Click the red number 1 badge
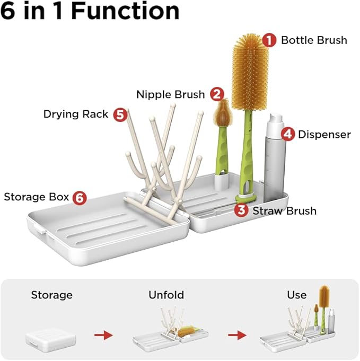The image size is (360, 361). click(270, 40)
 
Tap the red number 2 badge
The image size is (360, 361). click(216, 94)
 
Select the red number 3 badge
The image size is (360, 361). click(241, 210)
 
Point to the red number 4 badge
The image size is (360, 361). click(287, 134)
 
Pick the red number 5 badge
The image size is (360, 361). click(120, 114)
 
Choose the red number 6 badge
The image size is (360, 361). click(79, 197)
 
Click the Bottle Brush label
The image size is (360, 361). click(314, 40)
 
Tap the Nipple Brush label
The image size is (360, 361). click(170, 94)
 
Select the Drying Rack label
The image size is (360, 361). click(76, 114)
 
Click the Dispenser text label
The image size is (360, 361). click(324, 134)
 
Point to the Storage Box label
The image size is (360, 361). click(37, 197)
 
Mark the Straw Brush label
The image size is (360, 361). click(284, 210)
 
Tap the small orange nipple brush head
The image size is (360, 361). click(221, 112)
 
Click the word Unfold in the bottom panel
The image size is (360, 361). click(165, 295)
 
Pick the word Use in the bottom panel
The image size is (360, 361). click(296, 295)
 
